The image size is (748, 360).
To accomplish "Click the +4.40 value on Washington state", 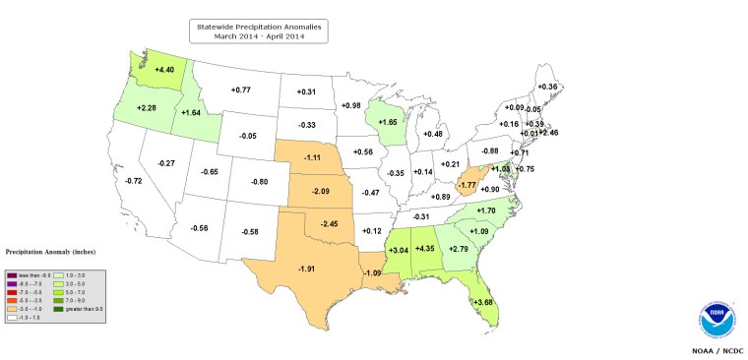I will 164,70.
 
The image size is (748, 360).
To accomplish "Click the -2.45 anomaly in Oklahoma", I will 329,224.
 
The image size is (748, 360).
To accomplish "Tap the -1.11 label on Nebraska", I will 312,157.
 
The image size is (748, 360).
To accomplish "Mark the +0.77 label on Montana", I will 241,90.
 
